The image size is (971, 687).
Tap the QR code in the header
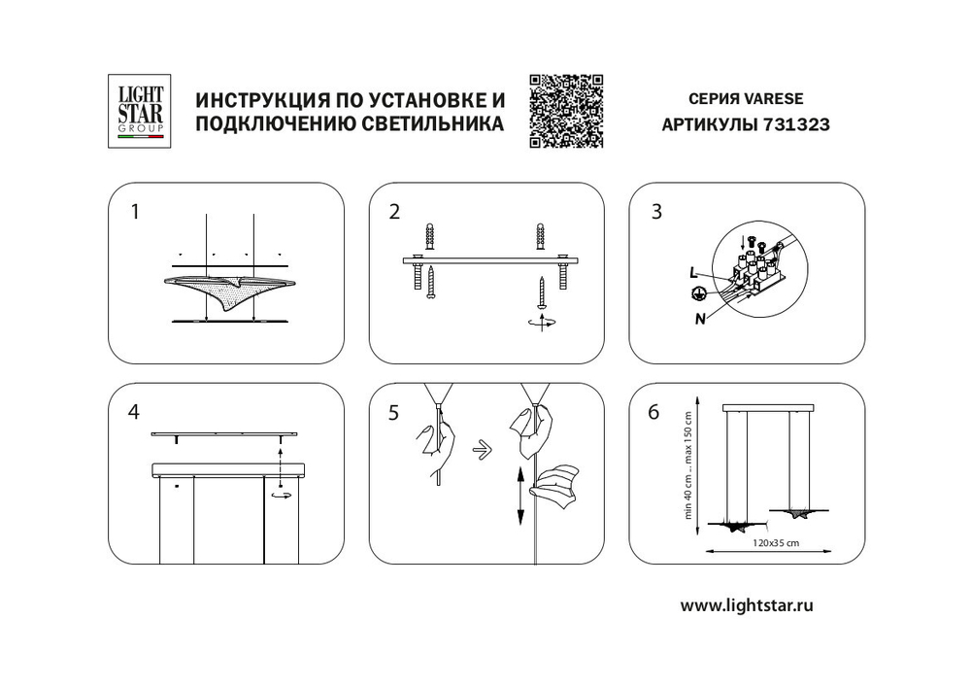tap(567, 111)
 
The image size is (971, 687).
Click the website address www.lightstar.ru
tap(746, 605)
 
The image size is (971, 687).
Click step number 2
tap(394, 211)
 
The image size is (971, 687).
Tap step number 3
tap(656, 211)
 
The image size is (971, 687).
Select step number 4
tap(134, 412)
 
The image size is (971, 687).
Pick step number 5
tap(393, 412)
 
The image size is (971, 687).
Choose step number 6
tap(653, 412)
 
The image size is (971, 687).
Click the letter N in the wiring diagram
tap(700, 316)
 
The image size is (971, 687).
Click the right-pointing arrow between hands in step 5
tap(478, 449)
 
